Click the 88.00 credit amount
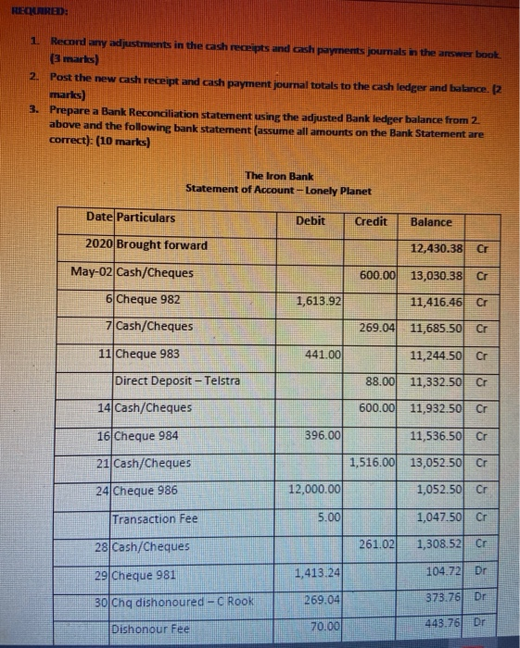point(381,380)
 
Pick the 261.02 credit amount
point(378,545)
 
